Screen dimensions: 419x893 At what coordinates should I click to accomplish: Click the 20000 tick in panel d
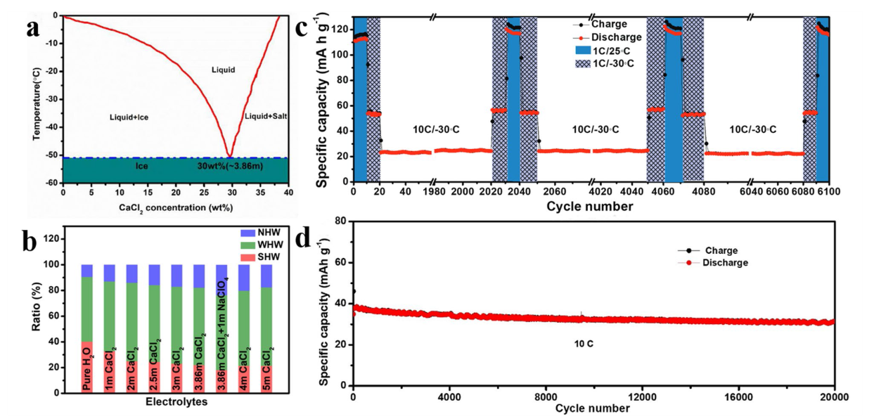[x=834, y=397]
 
